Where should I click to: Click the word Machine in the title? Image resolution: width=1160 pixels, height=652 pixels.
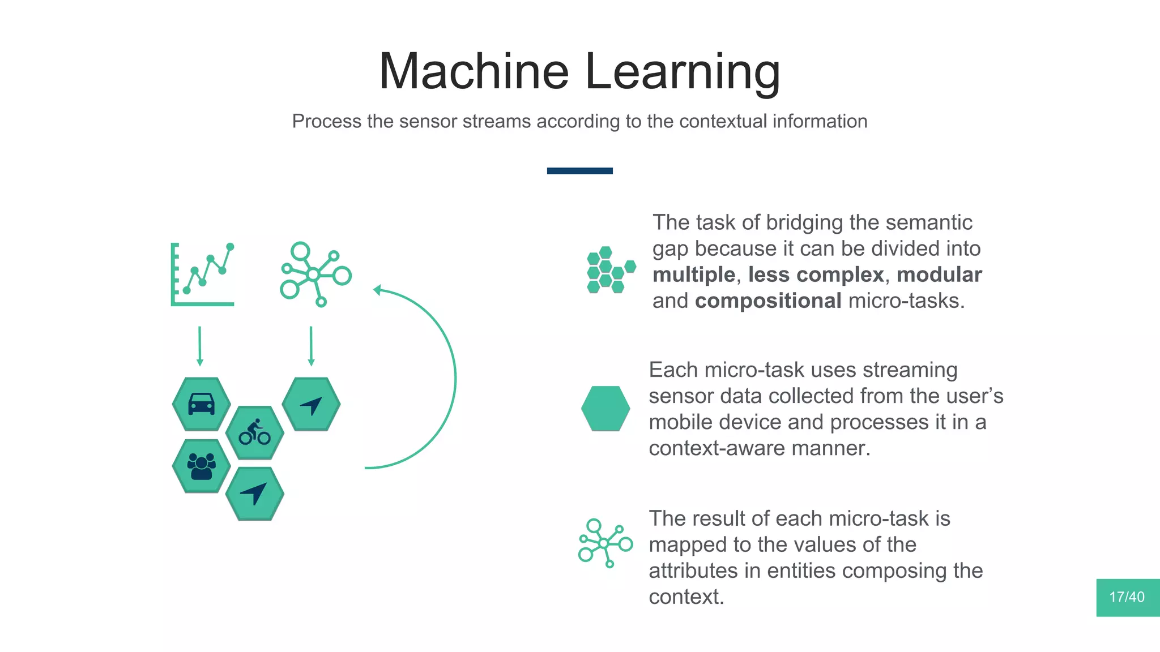point(474,71)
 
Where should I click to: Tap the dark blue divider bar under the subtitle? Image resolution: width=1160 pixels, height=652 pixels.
point(579,170)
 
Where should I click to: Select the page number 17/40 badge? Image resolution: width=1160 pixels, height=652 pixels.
point(1127,597)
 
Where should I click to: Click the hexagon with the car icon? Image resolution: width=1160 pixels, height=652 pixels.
point(201,404)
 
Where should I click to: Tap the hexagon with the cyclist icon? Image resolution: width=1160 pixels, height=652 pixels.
point(254,433)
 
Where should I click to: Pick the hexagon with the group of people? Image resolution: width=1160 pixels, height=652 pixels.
point(201,466)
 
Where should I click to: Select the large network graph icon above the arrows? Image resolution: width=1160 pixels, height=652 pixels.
point(315,274)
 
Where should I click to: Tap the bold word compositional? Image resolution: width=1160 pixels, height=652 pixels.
point(767,301)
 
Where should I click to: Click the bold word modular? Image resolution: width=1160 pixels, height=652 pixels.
point(939,275)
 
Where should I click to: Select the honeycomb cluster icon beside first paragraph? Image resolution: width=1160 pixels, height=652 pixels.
point(609,269)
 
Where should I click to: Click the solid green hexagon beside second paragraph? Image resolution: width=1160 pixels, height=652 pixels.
point(605,409)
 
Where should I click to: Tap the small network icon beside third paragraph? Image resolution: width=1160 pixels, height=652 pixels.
point(605,543)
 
